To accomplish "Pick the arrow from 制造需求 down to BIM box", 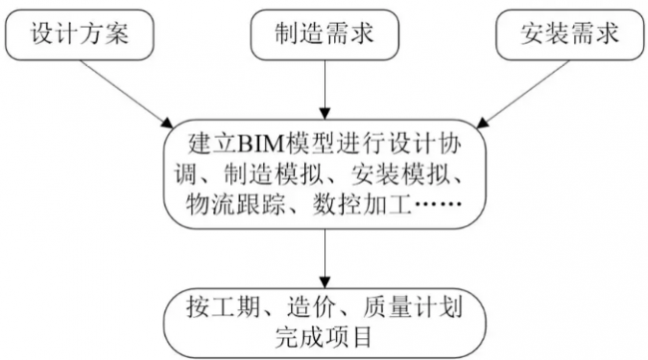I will tap(323, 90).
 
